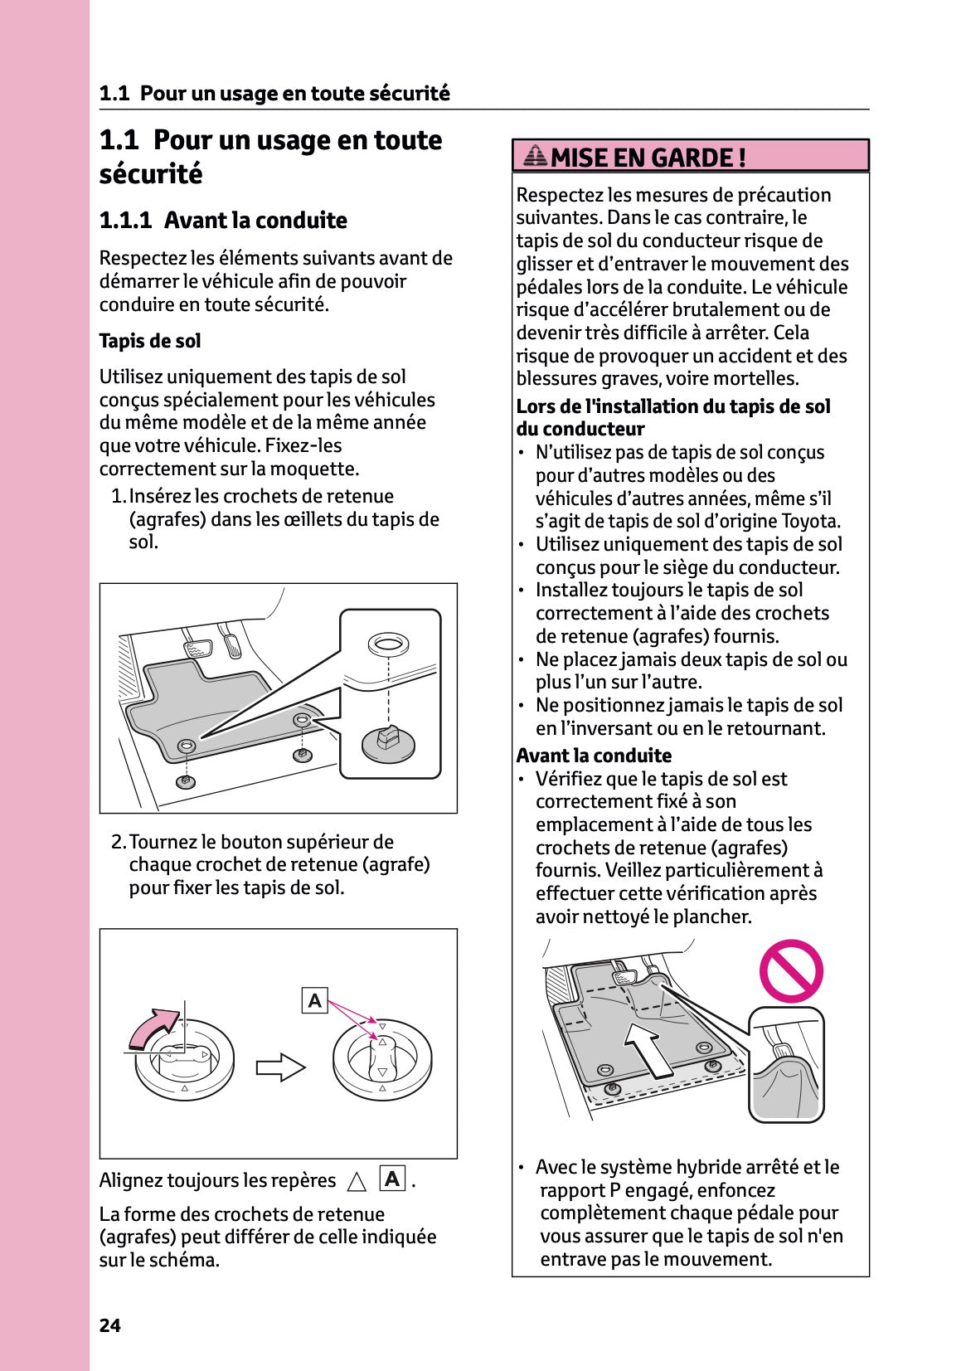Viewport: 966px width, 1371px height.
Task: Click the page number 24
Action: (109, 1325)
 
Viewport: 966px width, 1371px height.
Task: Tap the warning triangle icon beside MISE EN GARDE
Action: (536, 155)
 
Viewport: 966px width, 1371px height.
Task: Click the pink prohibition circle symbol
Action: (791, 971)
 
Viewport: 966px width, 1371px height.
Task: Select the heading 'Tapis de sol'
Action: (150, 341)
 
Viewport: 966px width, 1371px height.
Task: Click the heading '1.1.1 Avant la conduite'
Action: (223, 221)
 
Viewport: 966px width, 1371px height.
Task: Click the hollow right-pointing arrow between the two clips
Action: (280, 1067)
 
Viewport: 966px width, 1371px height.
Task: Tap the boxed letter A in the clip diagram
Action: (315, 1001)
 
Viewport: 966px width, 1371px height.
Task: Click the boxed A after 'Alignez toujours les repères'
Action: (392, 1179)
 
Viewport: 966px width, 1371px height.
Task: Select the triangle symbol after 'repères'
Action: (357, 1181)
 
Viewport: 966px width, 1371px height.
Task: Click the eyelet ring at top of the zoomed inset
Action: (388, 644)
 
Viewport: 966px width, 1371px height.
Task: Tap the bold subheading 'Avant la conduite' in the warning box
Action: (594, 756)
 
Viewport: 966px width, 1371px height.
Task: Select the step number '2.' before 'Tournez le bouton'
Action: (119, 842)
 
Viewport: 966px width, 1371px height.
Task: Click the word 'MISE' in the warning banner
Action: (580, 157)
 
